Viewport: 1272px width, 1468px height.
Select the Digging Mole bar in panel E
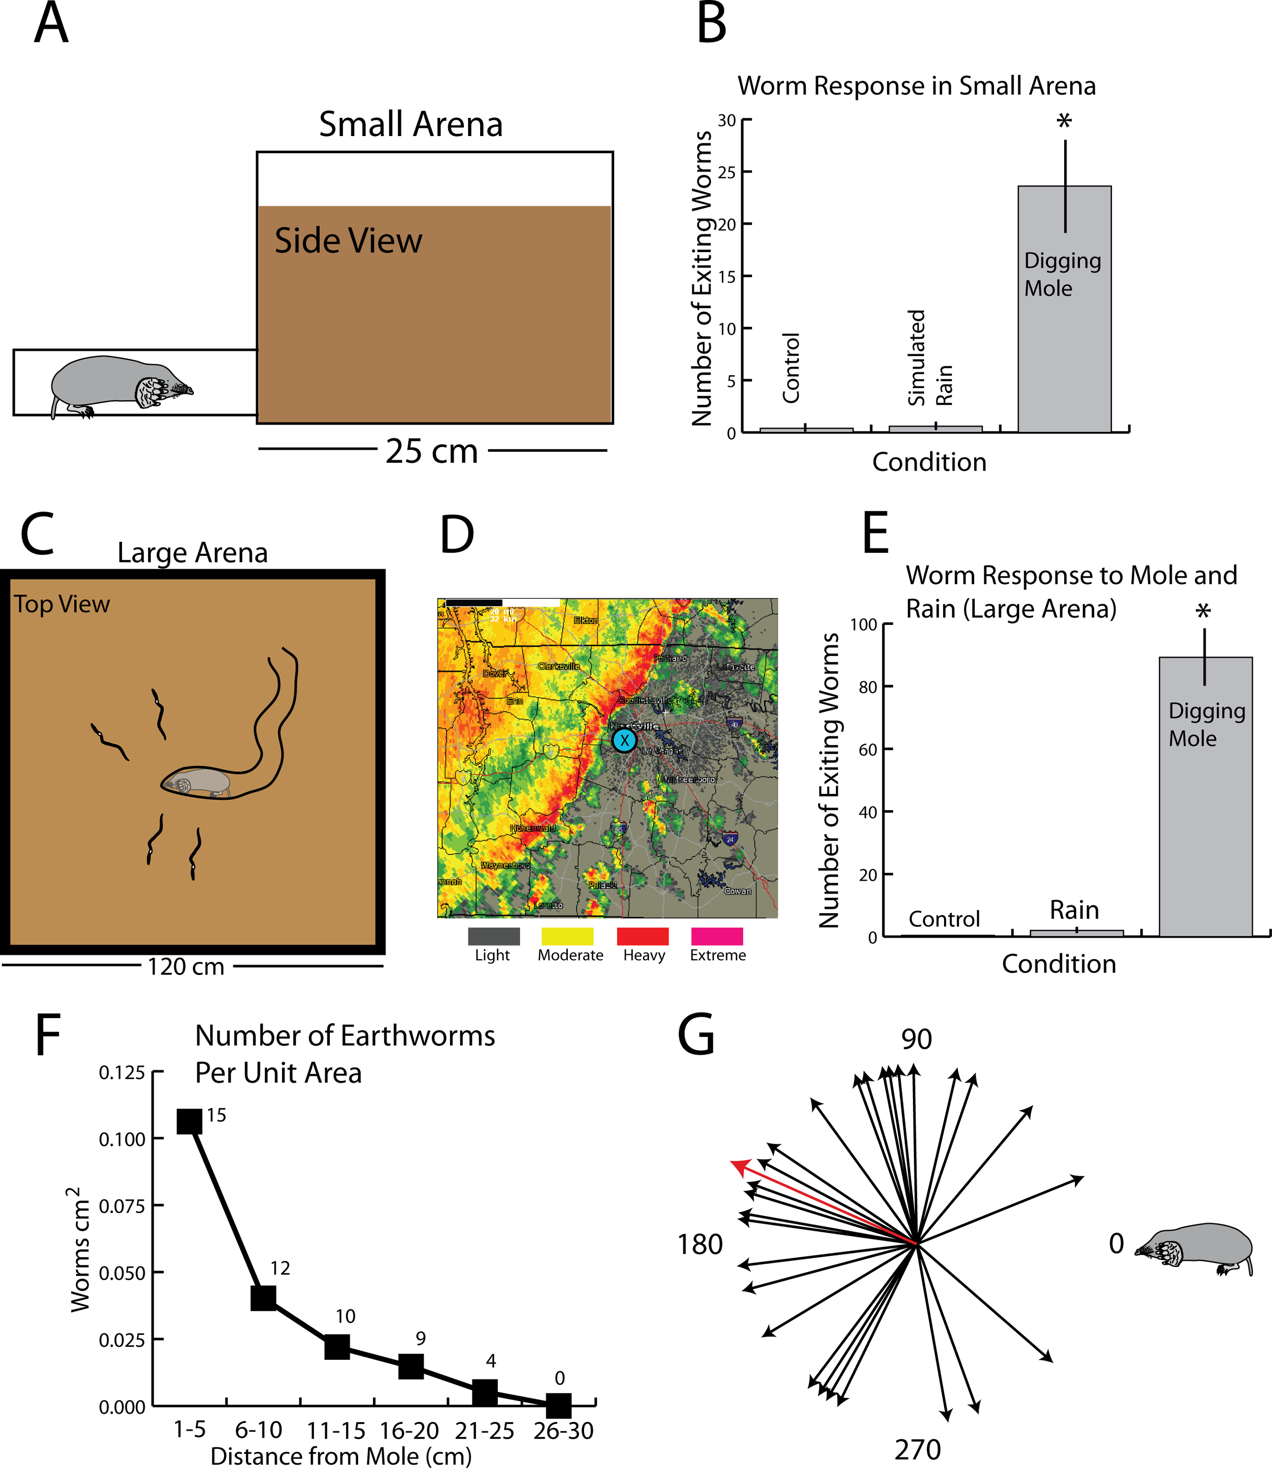(x=1205, y=817)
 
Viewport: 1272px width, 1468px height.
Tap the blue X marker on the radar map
(x=624, y=741)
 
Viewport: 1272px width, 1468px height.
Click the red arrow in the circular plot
(x=816, y=1200)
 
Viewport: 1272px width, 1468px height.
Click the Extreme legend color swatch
(x=717, y=936)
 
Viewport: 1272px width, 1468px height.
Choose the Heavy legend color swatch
(x=642, y=936)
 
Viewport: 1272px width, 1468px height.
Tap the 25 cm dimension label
(x=431, y=452)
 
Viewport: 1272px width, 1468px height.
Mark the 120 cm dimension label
(x=186, y=966)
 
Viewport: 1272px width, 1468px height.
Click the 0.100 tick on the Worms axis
(x=122, y=1139)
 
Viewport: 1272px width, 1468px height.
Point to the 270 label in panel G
(x=917, y=1449)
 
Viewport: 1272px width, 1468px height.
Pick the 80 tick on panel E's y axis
(x=867, y=687)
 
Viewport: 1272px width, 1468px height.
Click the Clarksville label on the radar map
(x=559, y=666)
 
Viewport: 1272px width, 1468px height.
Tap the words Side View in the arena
(x=348, y=241)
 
